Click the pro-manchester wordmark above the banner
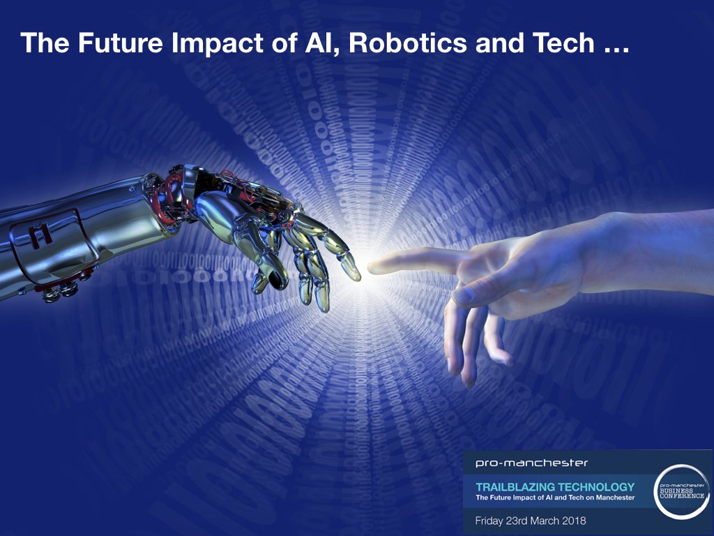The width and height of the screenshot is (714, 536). [521, 463]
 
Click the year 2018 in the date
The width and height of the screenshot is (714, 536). [571, 521]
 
